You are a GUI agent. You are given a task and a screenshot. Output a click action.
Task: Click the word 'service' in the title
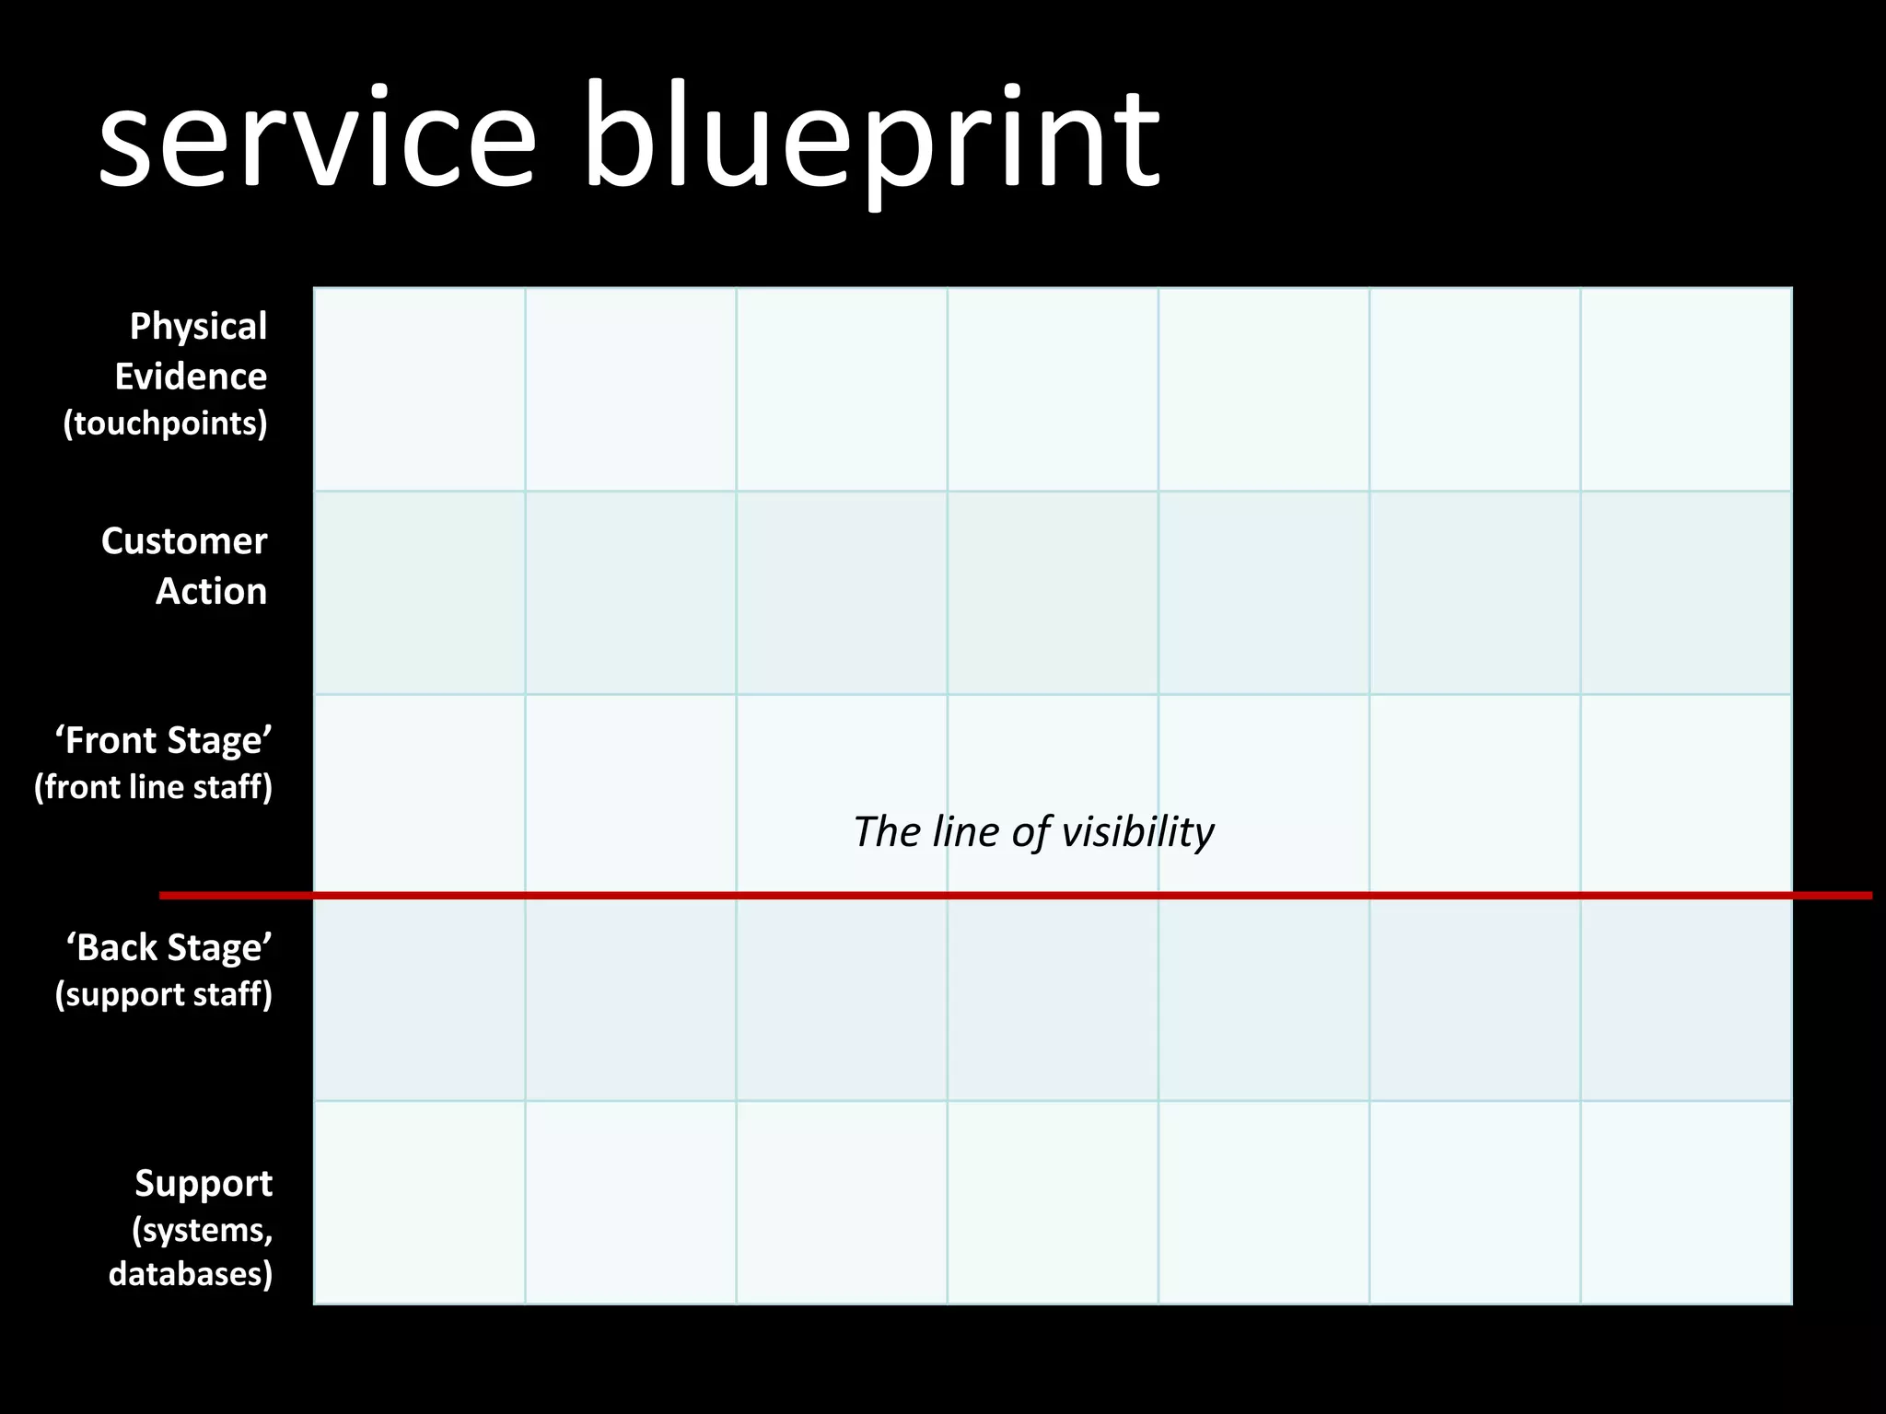tap(317, 138)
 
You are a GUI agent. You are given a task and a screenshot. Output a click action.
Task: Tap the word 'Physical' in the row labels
tap(198, 326)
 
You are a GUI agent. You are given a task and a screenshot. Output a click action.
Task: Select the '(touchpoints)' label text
tap(166, 423)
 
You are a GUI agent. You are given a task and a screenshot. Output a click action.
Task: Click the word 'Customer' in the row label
tap(184, 541)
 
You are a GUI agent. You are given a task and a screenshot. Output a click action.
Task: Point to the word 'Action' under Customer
tap(211, 591)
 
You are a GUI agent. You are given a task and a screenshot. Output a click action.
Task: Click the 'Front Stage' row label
tap(164, 740)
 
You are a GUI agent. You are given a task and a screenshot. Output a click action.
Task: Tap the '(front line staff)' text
tap(154, 787)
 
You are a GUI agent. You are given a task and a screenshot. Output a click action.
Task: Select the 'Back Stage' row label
tap(169, 947)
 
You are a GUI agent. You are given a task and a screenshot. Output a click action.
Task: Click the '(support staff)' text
tap(164, 994)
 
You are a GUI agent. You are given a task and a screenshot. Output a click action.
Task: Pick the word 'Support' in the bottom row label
tap(204, 1183)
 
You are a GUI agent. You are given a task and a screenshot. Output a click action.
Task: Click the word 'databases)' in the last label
tap(191, 1274)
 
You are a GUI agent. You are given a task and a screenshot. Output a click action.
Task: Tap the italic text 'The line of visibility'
tap(1033, 832)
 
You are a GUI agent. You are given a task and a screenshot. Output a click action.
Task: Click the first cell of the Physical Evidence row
tap(420, 389)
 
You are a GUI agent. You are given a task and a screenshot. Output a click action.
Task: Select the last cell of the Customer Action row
tap(1686, 593)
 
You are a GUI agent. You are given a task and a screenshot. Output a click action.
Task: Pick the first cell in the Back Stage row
tap(420, 1000)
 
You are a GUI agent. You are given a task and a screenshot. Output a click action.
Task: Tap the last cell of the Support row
tap(1686, 1202)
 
